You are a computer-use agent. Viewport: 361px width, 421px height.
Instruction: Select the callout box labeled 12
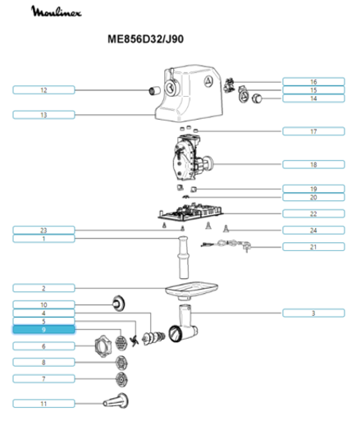[44, 89]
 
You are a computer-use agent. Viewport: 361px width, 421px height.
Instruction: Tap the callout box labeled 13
[44, 114]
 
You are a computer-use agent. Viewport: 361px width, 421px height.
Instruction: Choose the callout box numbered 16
[313, 82]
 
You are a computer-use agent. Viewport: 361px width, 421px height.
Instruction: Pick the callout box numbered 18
[313, 165]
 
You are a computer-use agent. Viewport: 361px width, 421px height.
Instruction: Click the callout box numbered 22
[313, 213]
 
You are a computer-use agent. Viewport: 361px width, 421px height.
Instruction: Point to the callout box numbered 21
[313, 246]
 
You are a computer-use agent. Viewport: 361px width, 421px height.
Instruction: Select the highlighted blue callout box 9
[44, 329]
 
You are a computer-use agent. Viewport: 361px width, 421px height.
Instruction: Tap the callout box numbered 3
[313, 313]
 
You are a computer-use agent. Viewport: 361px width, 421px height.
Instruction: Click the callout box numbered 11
[44, 404]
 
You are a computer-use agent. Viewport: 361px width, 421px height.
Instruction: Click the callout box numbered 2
[44, 288]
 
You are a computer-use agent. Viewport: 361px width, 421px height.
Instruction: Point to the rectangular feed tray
[190, 288]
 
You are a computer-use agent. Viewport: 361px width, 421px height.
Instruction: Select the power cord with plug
[230, 244]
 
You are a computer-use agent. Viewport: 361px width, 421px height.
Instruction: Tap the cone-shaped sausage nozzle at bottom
[115, 401]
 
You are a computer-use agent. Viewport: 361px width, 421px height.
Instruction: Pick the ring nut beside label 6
[103, 343]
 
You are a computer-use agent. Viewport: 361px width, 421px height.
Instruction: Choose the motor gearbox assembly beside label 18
[191, 160]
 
